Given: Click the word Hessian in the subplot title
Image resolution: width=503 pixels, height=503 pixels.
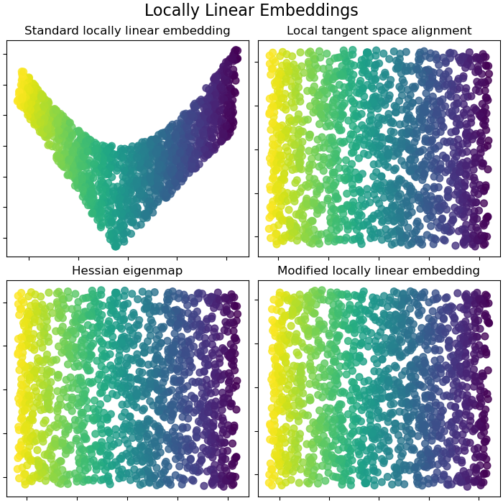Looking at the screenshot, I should coord(96,271).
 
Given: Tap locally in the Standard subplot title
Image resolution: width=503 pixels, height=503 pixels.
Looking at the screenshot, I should coord(100,31).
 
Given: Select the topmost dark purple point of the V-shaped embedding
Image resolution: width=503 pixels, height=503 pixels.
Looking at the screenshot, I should coord(236,51).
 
